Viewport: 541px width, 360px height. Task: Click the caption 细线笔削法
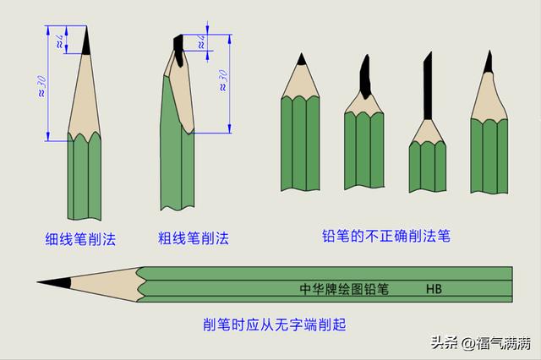coord(80,239)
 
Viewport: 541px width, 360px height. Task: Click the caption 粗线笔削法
coord(194,238)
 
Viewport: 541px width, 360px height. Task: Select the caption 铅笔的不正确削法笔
coord(386,237)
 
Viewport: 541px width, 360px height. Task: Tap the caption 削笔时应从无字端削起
coord(274,325)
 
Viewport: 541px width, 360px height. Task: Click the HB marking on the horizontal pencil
coord(434,289)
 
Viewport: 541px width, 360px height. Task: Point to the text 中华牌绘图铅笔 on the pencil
coord(344,289)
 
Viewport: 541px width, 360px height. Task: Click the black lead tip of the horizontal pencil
coord(54,282)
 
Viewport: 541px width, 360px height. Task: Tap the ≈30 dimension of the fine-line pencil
coord(41,86)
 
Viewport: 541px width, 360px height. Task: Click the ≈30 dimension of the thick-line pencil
coord(223,80)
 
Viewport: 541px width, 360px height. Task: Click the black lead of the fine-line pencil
coord(86,41)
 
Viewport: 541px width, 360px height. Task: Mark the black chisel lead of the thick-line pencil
coord(178,49)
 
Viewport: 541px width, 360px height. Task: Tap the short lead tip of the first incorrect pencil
coord(302,59)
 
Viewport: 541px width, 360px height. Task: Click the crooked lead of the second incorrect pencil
coord(365,77)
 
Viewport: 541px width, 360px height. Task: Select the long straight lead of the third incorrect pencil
coord(428,85)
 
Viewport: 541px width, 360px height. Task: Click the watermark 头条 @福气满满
coord(481,343)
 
